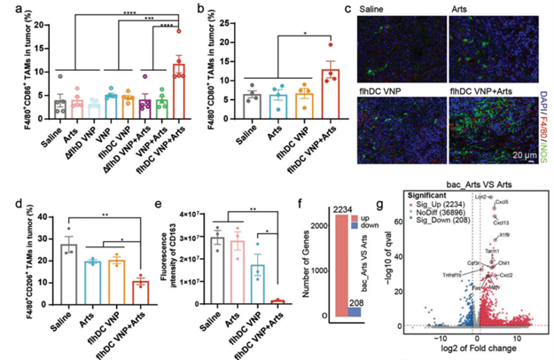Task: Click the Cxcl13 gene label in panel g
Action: (x=500, y=223)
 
